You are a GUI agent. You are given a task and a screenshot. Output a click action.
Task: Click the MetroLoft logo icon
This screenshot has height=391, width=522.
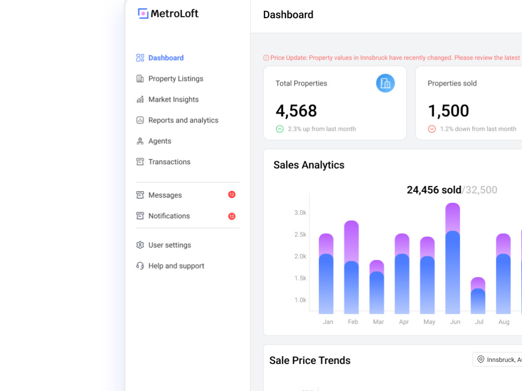pos(143,14)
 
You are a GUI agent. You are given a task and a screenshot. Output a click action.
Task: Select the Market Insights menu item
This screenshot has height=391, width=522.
pos(168,100)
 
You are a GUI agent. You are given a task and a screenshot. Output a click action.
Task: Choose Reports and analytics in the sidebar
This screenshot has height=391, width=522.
pos(177,120)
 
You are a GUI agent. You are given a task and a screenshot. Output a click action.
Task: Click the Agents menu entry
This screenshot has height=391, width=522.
pos(154,141)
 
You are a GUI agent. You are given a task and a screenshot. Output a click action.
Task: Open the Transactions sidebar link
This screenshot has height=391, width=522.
pos(163,162)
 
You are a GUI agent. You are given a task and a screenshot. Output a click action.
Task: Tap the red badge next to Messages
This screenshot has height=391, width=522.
pos(232,194)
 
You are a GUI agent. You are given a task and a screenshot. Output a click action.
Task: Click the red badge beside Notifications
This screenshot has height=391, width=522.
pos(232,216)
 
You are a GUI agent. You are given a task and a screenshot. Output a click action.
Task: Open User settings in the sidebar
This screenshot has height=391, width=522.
pos(163,245)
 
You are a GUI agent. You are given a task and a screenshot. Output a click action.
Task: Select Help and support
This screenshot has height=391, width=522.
pos(170,266)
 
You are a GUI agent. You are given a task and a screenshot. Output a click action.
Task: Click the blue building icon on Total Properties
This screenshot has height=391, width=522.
pos(386,83)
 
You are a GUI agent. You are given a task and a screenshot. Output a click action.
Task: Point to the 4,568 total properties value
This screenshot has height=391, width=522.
pos(296,111)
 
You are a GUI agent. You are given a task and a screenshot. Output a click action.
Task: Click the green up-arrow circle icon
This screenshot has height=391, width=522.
pos(280,129)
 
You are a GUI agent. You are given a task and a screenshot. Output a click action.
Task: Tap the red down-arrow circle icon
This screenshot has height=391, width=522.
pos(432,129)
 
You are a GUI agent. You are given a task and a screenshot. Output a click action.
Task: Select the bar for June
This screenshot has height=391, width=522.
pos(453,259)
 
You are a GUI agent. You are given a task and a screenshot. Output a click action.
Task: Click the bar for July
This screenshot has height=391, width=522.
pos(478,296)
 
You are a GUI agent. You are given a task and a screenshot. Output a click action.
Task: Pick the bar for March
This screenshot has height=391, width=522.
pos(377,287)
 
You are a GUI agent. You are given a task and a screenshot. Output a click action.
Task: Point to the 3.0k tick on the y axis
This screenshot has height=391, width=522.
pos(300,213)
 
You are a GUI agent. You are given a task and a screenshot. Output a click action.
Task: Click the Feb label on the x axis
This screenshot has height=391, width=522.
pos(353,322)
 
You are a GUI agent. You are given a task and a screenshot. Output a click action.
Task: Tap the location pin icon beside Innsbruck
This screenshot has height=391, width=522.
pos(481,359)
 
